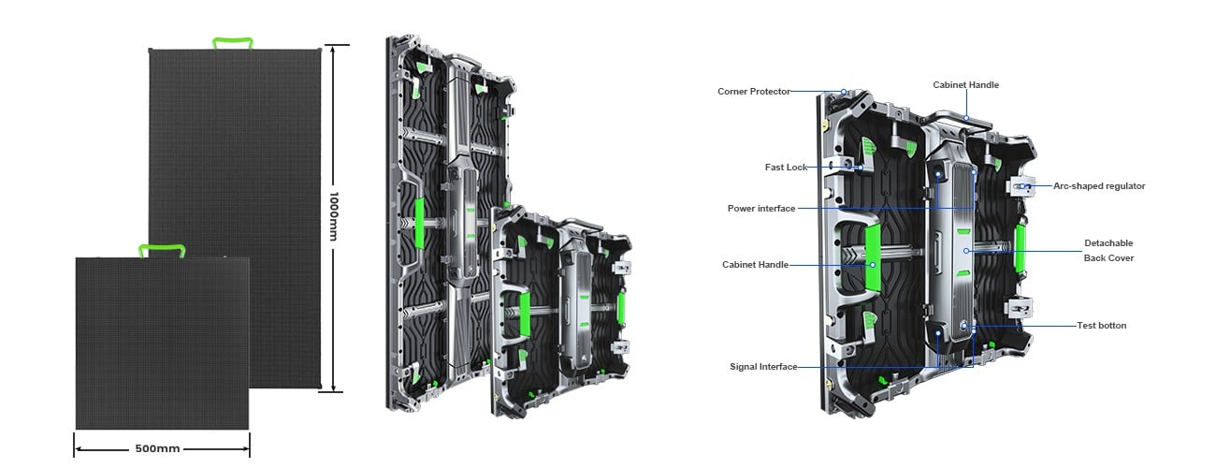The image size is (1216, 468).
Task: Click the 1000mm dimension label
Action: [x=334, y=216]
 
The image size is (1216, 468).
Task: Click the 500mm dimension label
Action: [x=157, y=448]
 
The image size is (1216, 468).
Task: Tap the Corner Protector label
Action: [x=754, y=92]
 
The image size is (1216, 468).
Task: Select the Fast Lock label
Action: [x=786, y=168]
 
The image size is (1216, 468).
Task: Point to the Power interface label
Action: [x=761, y=209]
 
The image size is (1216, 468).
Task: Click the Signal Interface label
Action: [x=763, y=367]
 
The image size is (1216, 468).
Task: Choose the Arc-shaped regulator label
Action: [x=1099, y=186]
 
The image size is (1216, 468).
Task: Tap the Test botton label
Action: [x=1101, y=326]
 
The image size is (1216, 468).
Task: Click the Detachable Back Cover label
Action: [x=1108, y=250]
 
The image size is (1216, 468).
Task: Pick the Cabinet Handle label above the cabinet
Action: [x=965, y=85]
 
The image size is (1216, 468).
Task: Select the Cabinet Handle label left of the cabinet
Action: [x=755, y=265]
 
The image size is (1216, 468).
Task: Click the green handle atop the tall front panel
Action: [x=233, y=42]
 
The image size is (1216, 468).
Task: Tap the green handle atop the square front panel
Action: [x=162, y=250]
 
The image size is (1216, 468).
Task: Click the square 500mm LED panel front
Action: [x=162, y=343]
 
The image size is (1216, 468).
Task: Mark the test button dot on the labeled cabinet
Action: [x=964, y=326]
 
